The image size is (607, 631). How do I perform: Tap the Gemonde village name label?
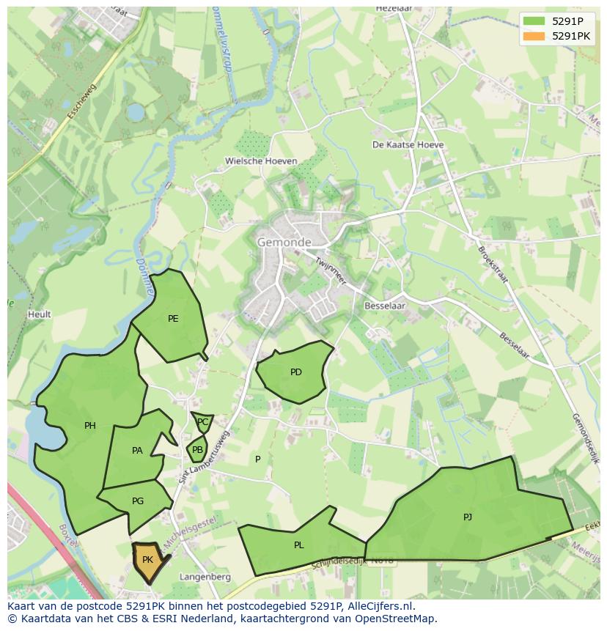click(284, 242)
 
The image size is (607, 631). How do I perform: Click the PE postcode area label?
click(173, 319)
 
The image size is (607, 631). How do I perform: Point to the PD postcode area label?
click(296, 372)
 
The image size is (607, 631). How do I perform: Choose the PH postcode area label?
click(90, 426)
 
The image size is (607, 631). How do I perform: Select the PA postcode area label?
click(137, 451)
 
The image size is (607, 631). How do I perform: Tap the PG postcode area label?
click(138, 501)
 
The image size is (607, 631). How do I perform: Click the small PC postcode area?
click(202, 422)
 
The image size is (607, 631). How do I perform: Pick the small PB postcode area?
click(197, 450)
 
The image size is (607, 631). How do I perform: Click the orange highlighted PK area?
click(147, 561)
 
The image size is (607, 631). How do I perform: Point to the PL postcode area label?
click(299, 545)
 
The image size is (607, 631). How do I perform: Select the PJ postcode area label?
click(468, 517)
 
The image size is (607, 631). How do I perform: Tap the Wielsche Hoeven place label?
click(261, 161)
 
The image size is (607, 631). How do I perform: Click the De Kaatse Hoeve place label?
click(408, 145)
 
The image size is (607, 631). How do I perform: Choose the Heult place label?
click(40, 314)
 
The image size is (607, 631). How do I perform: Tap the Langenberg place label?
click(205, 577)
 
